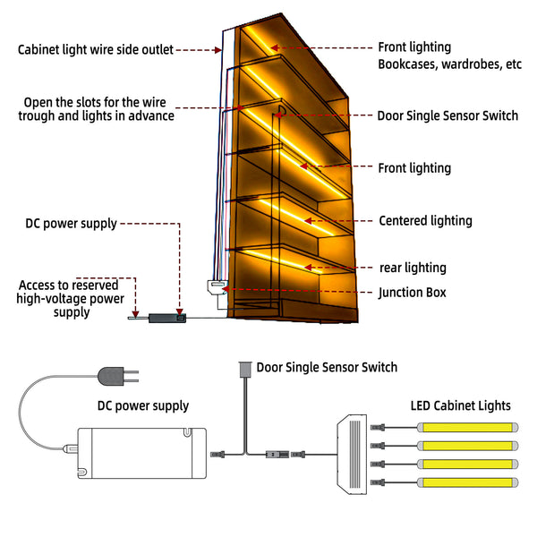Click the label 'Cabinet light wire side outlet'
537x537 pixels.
coord(96,49)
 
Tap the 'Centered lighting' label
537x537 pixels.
coord(425,221)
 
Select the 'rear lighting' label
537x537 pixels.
coord(413,268)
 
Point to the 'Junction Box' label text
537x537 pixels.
coord(413,293)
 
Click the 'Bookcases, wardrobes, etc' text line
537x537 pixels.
coord(449,64)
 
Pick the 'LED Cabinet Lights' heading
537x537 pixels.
coord(460,405)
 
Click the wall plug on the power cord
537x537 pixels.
coord(117,376)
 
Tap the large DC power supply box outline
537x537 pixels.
coord(141,453)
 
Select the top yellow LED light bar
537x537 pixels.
coord(467,428)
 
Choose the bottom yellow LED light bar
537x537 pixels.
coord(467,482)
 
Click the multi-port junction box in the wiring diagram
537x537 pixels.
coord(352,454)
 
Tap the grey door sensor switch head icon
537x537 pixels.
coord(245,369)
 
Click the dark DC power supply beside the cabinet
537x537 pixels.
coord(167,318)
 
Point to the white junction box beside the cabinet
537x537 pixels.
coord(217,286)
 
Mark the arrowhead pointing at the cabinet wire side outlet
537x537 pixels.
coord(218,50)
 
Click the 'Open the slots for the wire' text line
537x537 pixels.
coord(95,102)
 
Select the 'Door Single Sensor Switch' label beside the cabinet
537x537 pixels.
coord(447,115)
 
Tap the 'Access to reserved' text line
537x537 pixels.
coord(69,285)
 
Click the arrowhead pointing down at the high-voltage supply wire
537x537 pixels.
coord(136,314)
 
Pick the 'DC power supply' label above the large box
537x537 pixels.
coord(143,405)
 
